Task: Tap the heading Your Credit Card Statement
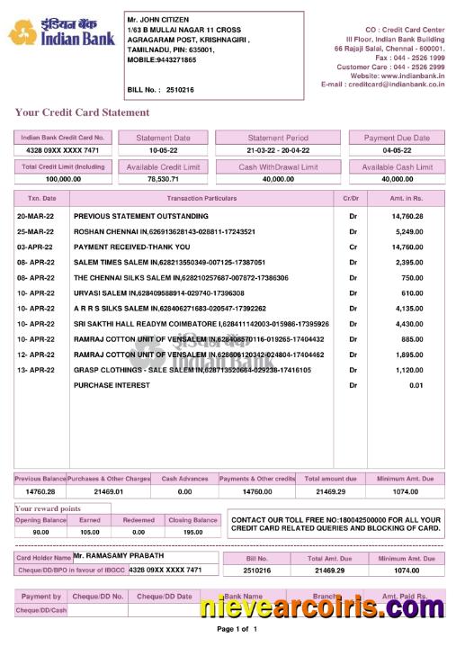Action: [82, 112]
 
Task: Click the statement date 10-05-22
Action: [163, 151]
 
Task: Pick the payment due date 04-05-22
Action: [397, 151]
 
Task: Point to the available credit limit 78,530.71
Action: [163, 179]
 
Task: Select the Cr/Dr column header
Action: [351, 197]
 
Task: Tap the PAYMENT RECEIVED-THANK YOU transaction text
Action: [131, 247]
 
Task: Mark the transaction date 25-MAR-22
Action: [36, 231]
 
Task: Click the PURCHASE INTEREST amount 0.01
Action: [415, 385]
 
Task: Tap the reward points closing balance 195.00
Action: [192, 532]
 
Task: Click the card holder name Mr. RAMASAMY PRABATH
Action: [121, 557]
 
